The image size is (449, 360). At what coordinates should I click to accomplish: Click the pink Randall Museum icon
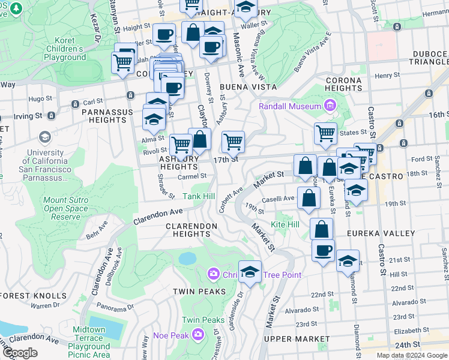328,106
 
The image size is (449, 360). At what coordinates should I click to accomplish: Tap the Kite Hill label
285,224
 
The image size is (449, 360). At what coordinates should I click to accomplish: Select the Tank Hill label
199,196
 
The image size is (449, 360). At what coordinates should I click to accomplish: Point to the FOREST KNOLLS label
33,295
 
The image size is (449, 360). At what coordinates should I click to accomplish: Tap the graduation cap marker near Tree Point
250,272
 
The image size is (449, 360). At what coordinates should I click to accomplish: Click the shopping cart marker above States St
325,133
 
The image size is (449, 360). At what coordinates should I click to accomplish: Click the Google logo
19,353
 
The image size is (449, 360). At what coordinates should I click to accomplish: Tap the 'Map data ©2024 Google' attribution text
412,355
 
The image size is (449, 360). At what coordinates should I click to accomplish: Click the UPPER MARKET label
297,339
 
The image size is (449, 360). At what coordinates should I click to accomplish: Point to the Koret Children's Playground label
64,49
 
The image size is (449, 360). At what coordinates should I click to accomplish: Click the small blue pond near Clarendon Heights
187,259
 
